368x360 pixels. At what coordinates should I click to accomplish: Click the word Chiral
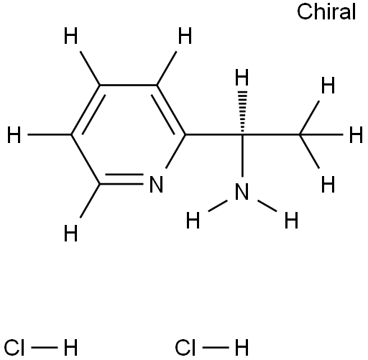click(326, 11)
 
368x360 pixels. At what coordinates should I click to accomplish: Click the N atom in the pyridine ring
click(156, 184)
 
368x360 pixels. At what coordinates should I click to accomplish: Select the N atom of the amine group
click(241, 192)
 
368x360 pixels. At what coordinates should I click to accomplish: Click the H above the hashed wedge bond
click(242, 77)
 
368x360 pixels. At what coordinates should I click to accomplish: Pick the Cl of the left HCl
click(14, 347)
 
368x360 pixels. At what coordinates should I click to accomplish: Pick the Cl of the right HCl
click(185, 347)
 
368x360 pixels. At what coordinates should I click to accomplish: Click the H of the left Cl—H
click(70, 347)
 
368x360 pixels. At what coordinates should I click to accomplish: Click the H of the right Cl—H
click(241, 347)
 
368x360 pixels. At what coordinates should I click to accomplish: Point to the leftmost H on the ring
click(14, 135)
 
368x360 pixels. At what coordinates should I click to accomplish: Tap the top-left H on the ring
click(70, 36)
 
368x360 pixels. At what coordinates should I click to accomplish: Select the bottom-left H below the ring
click(70, 233)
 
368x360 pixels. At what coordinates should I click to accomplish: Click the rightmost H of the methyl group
click(356, 135)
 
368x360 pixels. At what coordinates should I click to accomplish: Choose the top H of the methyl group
click(328, 86)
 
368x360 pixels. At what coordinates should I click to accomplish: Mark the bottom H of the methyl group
click(328, 184)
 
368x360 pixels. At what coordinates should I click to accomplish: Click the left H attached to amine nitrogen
click(193, 220)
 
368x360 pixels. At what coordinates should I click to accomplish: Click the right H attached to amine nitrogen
click(291, 220)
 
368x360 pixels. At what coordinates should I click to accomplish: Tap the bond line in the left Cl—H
click(45, 347)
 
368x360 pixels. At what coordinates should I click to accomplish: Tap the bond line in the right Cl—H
click(216, 347)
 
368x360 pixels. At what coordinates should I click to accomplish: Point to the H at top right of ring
click(185, 36)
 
